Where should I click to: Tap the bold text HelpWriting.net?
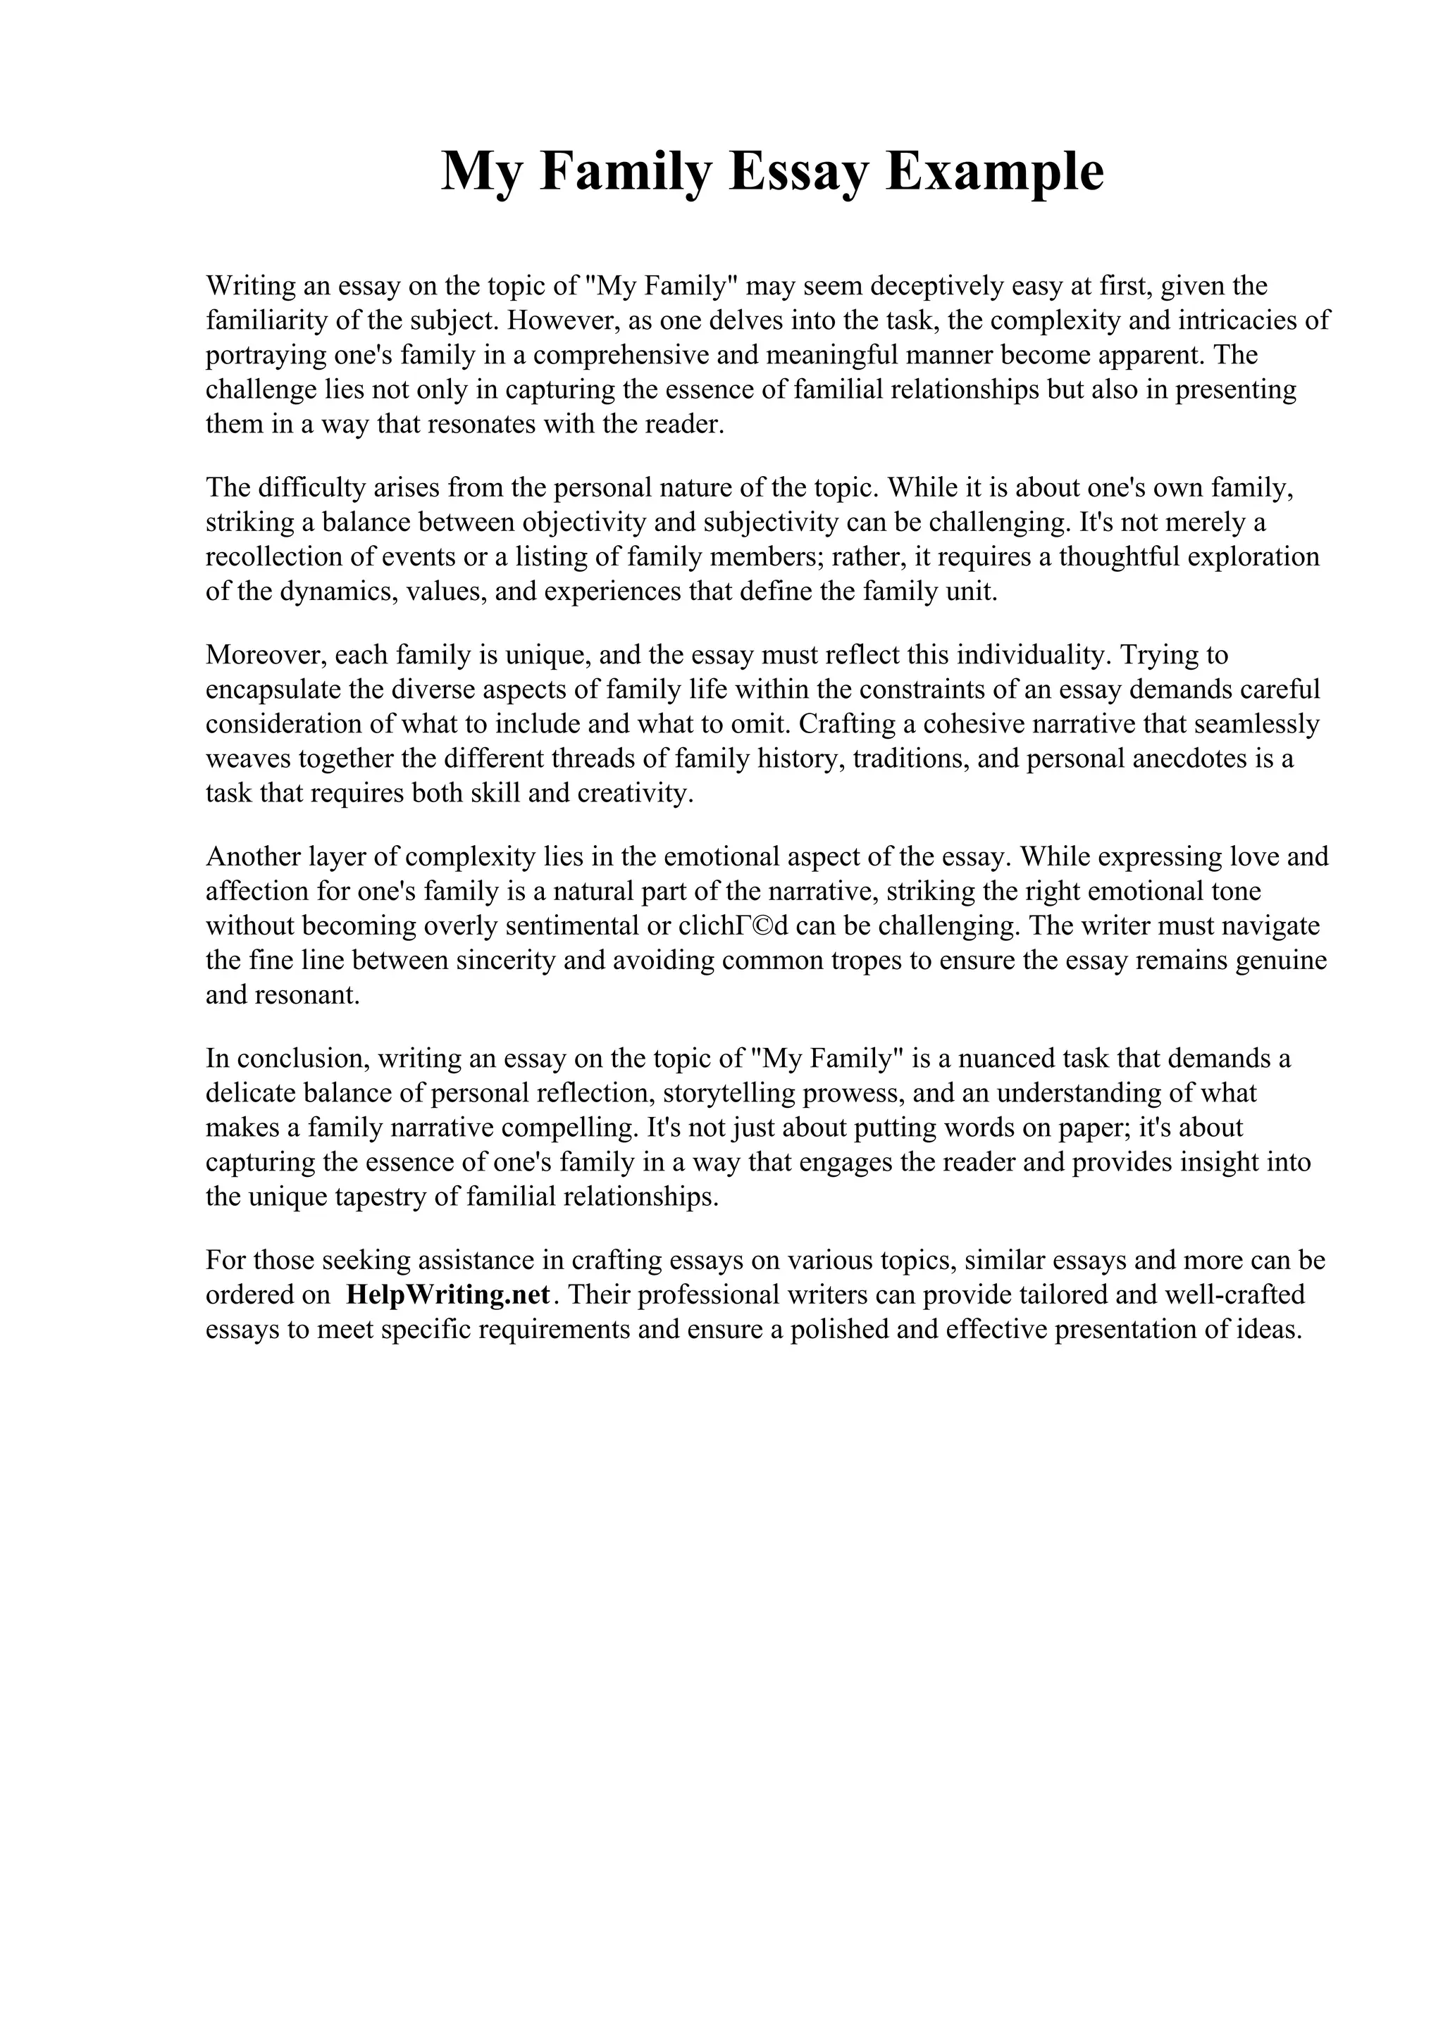click(x=448, y=1294)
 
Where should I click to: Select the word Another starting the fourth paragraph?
click(x=252, y=857)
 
